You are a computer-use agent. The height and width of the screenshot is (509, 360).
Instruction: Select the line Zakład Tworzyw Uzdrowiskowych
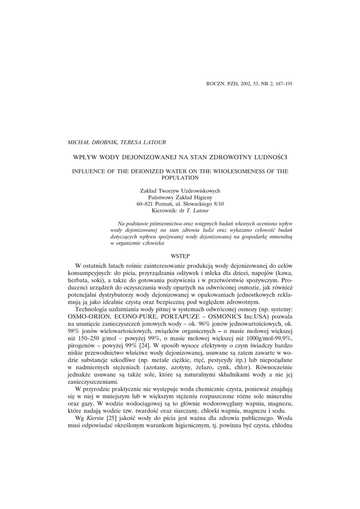180,190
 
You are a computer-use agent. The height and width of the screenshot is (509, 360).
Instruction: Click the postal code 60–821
146,204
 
